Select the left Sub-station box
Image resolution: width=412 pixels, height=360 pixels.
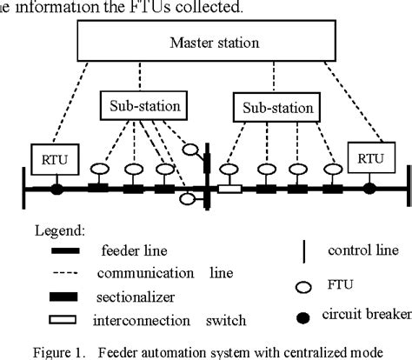tap(143, 106)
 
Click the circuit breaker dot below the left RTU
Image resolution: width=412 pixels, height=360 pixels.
tap(56, 187)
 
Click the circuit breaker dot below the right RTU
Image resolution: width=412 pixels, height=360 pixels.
tap(369, 187)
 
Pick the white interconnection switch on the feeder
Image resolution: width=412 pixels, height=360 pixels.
tap(230, 188)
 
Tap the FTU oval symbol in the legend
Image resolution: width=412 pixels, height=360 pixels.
tap(302, 283)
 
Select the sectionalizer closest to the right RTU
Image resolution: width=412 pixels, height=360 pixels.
tap(331, 188)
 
